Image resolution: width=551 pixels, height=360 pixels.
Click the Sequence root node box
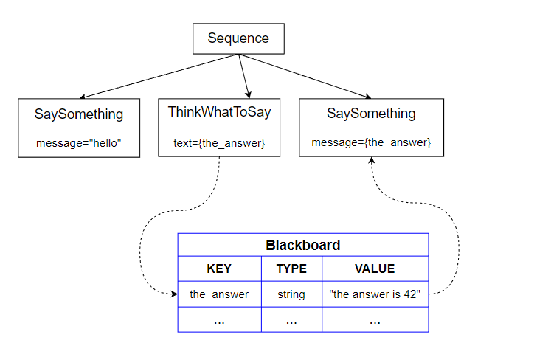click(238, 38)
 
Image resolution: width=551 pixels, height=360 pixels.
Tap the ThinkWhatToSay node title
click(219, 112)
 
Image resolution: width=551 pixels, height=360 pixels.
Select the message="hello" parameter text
click(79, 143)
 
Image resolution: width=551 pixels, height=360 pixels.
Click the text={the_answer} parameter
click(219, 143)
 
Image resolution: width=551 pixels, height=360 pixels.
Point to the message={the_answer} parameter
click(371, 142)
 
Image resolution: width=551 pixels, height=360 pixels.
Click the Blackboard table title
click(303, 245)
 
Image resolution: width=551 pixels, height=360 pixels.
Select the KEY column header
click(219, 269)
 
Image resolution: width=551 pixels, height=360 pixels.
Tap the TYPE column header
click(291, 269)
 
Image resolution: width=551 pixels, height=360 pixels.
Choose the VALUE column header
click(375, 269)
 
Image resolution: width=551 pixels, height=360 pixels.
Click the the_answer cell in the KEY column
click(219, 294)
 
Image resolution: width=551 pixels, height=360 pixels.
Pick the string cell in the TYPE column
click(291, 294)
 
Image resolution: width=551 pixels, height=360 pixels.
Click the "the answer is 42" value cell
click(375, 294)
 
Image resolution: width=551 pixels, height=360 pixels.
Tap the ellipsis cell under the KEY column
click(219, 320)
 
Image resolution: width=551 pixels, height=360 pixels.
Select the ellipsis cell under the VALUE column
click(375, 320)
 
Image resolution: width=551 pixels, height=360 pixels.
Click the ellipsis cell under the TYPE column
click(291, 320)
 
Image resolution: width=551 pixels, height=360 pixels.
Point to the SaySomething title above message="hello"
click(79, 114)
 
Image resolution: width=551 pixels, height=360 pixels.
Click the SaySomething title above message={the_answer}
click(371, 114)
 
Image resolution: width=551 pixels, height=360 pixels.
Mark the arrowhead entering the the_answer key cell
click(175, 294)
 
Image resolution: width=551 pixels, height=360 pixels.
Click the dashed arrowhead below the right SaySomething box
click(372, 160)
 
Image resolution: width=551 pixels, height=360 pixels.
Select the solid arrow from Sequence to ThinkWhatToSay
click(244, 76)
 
